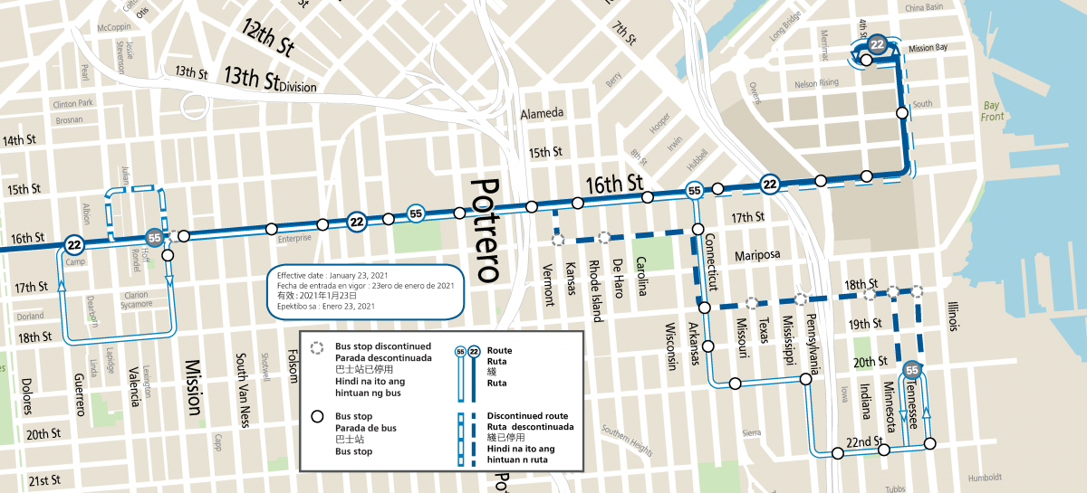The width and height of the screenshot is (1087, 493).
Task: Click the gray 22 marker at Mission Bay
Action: (876, 44)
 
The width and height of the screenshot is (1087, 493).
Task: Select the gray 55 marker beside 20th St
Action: (912, 370)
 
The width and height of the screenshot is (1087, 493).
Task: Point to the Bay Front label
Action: (994, 111)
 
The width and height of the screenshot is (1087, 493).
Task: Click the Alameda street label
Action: (542, 114)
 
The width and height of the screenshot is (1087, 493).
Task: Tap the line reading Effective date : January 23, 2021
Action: (332, 274)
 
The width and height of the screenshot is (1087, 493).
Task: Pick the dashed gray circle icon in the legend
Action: (317, 347)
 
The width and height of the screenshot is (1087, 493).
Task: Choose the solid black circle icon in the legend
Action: (317, 417)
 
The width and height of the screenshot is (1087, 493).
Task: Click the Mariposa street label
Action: (759, 255)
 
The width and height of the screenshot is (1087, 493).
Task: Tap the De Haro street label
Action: (618, 277)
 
